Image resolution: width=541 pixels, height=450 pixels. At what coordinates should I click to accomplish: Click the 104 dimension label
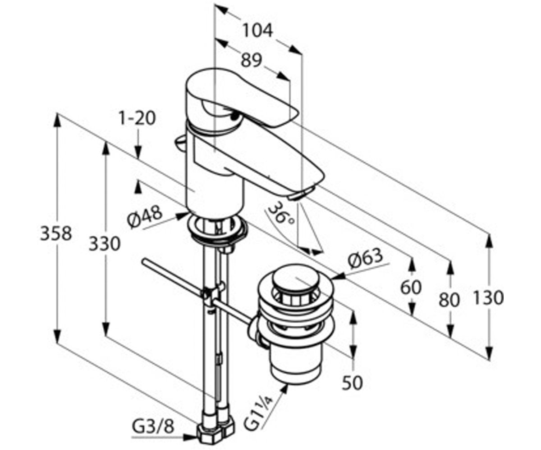tap(258, 31)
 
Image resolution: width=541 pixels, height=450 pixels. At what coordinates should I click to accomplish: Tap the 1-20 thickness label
tap(138, 118)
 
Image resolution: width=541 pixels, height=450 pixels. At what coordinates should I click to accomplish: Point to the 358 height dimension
tap(56, 233)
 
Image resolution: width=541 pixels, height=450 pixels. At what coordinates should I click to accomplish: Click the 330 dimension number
tap(105, 243)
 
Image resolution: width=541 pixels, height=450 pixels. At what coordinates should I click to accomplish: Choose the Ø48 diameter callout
tap(145, 218)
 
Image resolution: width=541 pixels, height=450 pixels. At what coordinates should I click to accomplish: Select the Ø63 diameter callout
tap(365, 259)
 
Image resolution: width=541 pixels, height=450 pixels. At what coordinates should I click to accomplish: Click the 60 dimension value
tap(411, 288)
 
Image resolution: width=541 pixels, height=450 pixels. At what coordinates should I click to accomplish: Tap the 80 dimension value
tap(449, 300)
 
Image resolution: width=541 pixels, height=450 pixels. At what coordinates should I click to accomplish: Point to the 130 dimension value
tap(488, 297)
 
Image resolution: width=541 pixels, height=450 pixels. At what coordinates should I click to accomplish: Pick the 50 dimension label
tap(353, 383)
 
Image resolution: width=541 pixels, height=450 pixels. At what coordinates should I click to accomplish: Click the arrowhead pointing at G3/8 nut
tap(190, 437)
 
